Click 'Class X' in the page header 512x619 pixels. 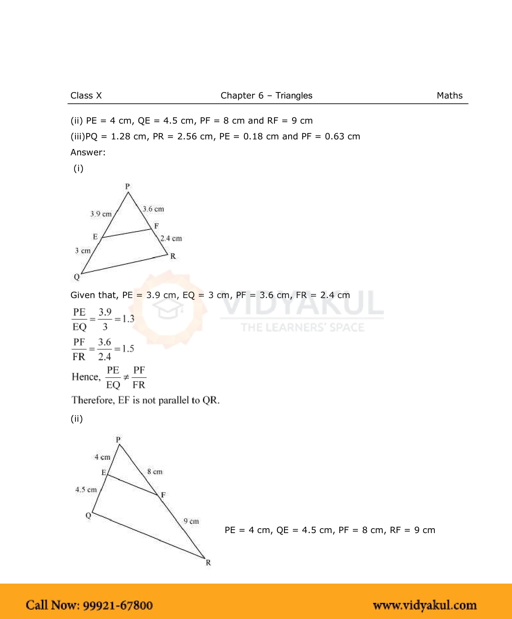86,96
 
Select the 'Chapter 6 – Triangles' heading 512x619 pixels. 266,96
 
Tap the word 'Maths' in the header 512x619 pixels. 449,96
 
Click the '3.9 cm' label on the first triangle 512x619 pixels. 101,214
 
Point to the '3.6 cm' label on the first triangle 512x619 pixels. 153,209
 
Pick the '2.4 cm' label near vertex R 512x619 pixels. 171,239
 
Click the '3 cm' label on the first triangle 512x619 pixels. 83,251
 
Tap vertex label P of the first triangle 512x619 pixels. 127,186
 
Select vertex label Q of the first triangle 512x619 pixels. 77,277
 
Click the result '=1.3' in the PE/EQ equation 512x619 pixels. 125,319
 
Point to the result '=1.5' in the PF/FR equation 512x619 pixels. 124,349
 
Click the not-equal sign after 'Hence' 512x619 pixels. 126,377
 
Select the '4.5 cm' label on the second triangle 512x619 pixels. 86,490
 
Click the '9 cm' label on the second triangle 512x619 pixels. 191,521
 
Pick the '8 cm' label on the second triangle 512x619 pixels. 155,472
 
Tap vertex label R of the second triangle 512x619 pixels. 208,562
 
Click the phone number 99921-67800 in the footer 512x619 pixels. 118,605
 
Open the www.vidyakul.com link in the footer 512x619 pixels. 425,605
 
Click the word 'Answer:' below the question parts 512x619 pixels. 88,152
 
